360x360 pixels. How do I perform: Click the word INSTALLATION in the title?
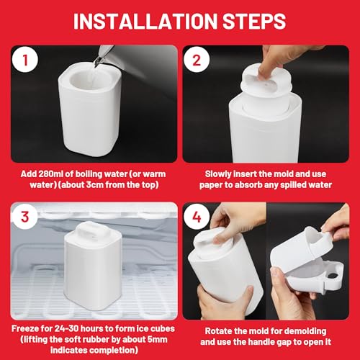point(145,21)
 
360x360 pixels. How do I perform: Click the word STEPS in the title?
point(254,21)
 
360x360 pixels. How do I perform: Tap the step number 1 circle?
point(25,59)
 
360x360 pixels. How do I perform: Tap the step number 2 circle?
point(197,59)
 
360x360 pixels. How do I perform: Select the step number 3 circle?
point(25,217)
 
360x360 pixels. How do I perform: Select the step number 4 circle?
point(197,217)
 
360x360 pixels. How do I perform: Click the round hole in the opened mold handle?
point(333,275)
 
